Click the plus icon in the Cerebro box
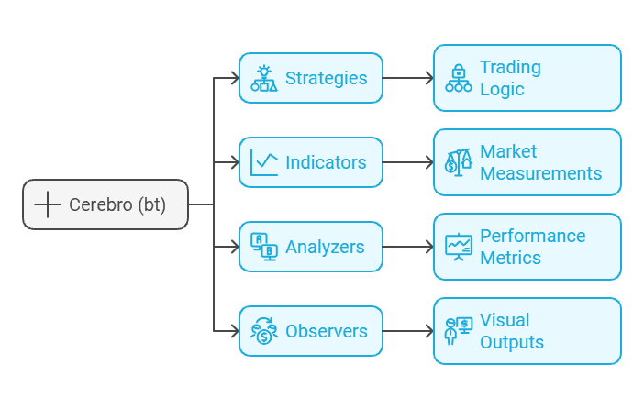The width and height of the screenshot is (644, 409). tap(47, 204)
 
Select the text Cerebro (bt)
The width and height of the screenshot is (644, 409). tap(117, 204)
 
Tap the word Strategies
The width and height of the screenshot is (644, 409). tap(326, 78)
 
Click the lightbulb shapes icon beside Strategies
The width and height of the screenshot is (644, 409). tap(264, 78)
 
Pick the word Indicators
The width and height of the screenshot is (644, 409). tap(326, 162)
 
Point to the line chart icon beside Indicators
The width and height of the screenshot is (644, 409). tap(264, 162)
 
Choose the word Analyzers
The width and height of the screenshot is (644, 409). tap(325, 247)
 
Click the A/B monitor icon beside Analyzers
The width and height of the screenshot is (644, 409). tap(264, 247)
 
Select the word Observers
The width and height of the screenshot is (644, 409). tap(327, 331)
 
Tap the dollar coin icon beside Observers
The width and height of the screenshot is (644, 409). tap(264, 331)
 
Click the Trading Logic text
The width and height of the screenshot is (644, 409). tap(510, 78)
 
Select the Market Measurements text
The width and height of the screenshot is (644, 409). tap(540, 162)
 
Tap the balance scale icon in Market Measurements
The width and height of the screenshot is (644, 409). tap(459, 162)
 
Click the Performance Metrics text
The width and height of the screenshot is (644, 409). tap(532, 247)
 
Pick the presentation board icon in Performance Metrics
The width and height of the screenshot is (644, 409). tap(459, 247)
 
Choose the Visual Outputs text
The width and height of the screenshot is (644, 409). tap(511, 331)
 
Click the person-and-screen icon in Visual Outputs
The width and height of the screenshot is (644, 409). tap(459, 331)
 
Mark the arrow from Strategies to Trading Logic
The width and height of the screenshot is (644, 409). tap(408, 78)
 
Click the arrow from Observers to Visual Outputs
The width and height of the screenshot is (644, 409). tap(408, 331)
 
